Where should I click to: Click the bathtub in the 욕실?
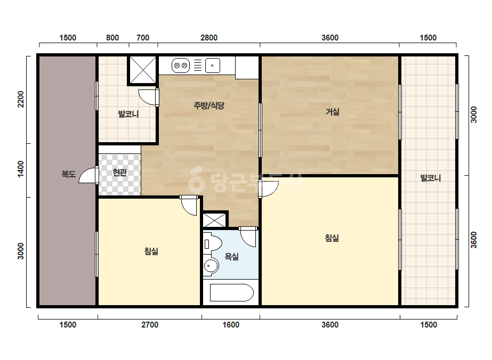click(231, 292)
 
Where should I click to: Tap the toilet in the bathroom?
click(212, 244)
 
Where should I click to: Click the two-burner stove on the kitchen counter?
click(180, 66)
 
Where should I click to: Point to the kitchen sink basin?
click(213, 66)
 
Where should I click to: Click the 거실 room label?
click(332, 112)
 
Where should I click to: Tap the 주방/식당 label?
click(209, 105)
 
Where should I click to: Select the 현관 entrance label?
click(119, 172)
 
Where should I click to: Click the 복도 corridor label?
click(68, 174)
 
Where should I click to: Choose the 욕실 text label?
click(231, 257)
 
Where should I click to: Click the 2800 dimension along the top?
click(209, 38)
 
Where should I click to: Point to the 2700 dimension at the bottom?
click(150, 325)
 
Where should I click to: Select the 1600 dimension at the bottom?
click(231, 325)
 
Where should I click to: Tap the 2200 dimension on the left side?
click(21, 99)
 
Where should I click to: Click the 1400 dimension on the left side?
click(21, 169)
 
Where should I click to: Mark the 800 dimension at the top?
click(112, 38)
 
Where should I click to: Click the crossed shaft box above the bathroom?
click(215, 220)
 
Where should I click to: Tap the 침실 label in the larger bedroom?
click(332, 238)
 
